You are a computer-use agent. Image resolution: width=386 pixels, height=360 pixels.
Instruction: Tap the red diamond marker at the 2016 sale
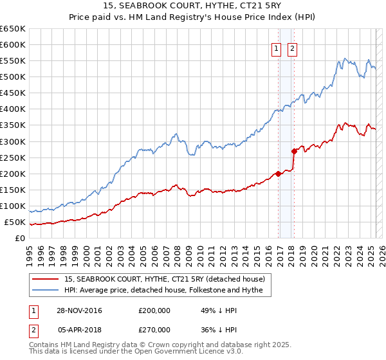tap(279, 174)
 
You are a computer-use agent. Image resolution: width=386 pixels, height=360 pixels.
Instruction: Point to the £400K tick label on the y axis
tap(13, 109)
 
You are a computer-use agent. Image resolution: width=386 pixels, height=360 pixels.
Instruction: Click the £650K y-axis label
tap(13, 29)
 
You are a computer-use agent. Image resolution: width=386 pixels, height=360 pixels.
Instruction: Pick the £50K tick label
tap(15, 222)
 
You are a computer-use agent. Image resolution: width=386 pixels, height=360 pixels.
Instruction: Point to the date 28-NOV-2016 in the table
tap(80, 310)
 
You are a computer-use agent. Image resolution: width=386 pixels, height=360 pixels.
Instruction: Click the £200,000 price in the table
tap(154, 310)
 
